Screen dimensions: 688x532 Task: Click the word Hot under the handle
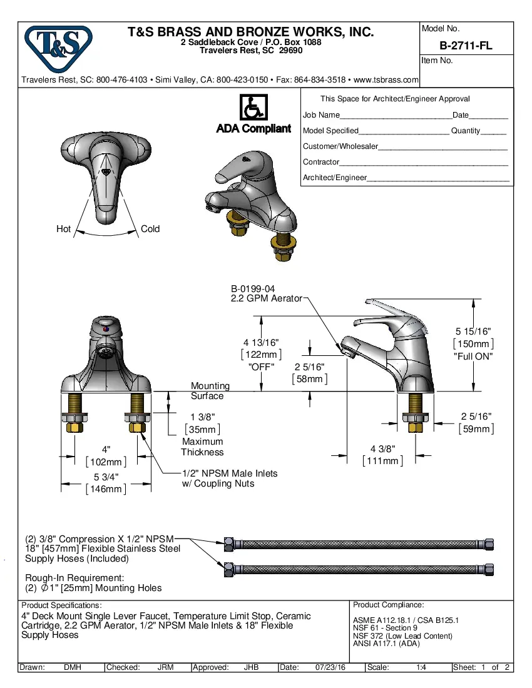pos(63,229)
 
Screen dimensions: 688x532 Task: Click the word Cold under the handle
pos(150,229)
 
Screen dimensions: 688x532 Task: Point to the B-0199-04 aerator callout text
pos(253,289)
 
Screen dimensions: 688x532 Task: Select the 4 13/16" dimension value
pos(261,342)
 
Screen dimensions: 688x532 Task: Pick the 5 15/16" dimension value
pos(473,331)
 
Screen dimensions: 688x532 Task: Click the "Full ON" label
pos(473,356)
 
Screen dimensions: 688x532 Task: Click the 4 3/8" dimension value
pos(382,448)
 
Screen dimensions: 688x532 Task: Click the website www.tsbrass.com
pos(386,80)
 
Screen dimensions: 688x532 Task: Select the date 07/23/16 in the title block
pos(330,667)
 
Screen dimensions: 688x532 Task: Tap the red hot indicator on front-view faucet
pos(105,328)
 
